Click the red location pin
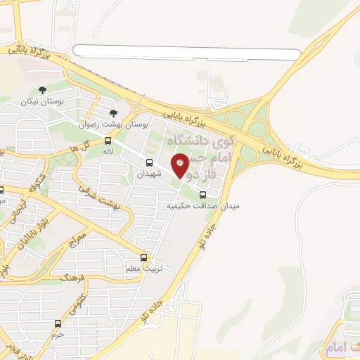point(181,165)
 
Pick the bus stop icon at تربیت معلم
point(144,257)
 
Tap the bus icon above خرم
point(58,324)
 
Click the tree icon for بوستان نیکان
point(43,90)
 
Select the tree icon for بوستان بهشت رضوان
point(113,112)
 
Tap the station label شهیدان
point(149,174)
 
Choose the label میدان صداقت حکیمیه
point(203,207)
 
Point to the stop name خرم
point(58,335)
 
